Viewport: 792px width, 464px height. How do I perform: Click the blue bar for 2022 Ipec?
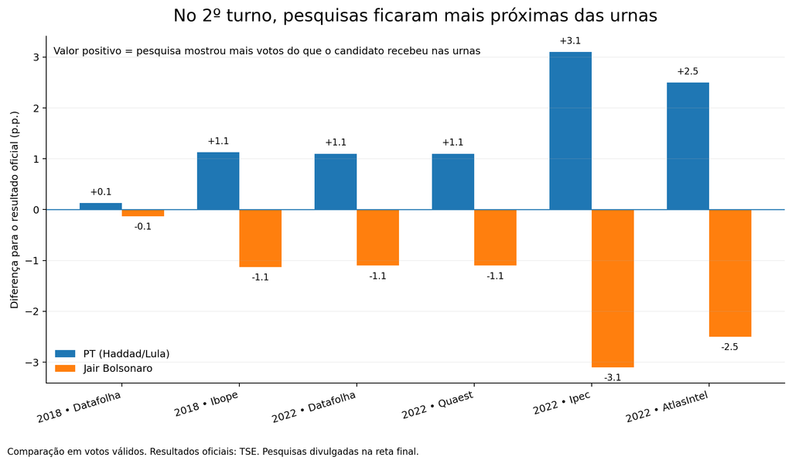click(570, 131)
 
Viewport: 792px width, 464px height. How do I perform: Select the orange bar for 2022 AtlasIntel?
click(730, 273)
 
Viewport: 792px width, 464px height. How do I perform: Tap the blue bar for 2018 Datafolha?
click(101, 207)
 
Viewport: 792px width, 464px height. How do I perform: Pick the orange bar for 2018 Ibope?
click(260, 238)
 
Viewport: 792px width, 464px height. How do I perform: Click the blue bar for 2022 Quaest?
click(453, 182)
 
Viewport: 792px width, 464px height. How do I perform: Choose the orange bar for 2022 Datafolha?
click(377, 237)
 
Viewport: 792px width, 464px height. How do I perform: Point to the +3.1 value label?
click(570, 41)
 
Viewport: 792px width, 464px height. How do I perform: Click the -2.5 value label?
click(729, 347)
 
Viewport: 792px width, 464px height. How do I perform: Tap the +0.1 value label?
click(101, 192)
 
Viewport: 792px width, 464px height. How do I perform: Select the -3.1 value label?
click(613, 377)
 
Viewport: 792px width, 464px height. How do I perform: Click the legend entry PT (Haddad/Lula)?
click(112, 354)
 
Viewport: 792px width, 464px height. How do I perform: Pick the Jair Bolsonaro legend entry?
click(104, 369)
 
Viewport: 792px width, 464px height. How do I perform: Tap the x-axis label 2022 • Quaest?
click(438, 405)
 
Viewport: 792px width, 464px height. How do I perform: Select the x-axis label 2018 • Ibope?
click(206, 404)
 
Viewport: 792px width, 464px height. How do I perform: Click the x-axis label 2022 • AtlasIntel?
click(667, 407)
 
